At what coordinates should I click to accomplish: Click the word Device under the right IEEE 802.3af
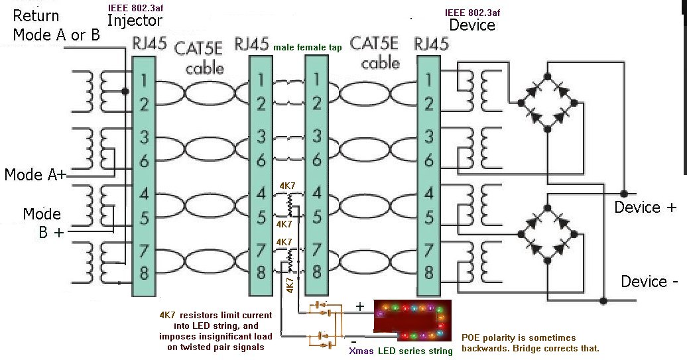(x=472, y=25)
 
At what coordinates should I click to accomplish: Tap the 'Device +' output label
(x=645, y=208)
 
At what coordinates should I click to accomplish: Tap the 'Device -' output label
(x=649, y=282)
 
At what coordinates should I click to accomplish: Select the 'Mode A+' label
(x=35, y=175)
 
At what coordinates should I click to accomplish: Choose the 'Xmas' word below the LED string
(x=361, y=351)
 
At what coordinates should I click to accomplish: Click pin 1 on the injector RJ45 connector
(x=144, y=84)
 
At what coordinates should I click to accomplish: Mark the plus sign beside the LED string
(x=361, y=307)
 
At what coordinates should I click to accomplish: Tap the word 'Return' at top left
(x=36, y=15)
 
